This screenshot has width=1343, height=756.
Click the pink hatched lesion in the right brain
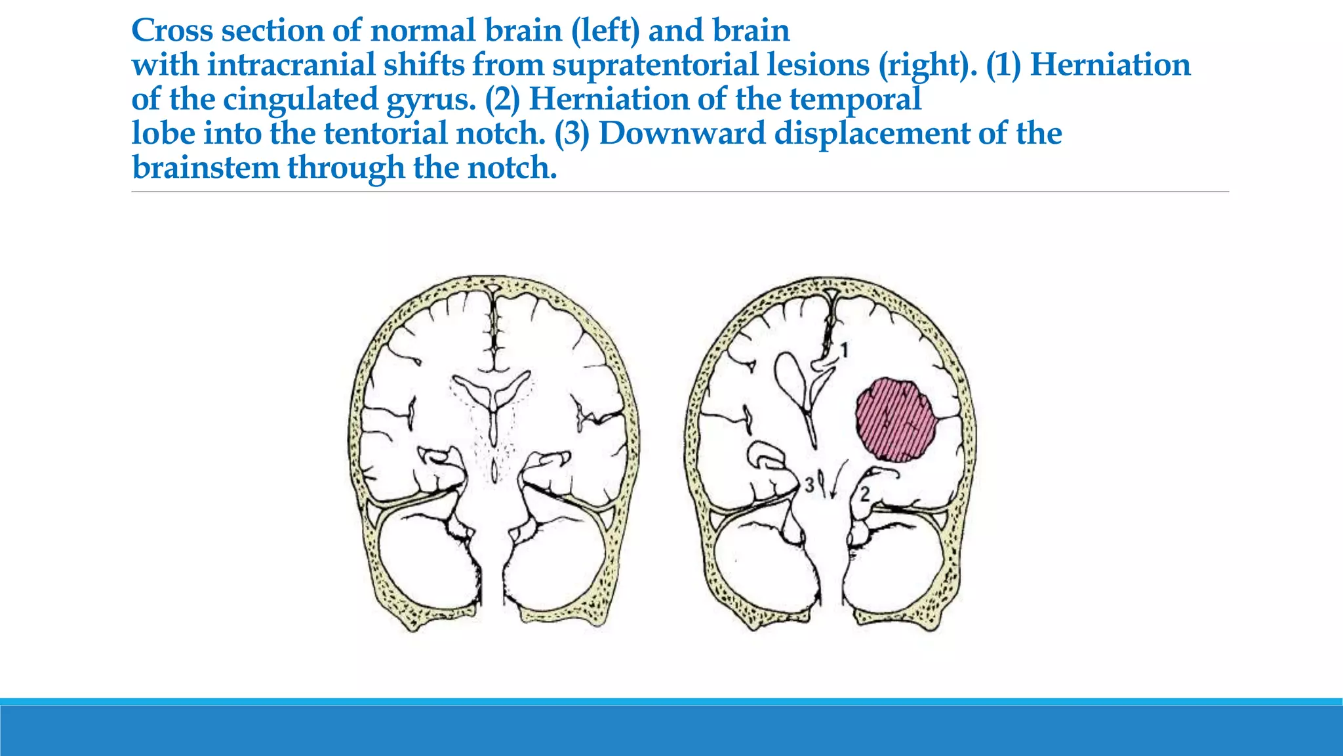tap(896, 420)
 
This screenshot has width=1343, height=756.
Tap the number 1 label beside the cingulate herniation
tap(845, 350)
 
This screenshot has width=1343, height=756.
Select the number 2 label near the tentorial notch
tap(865, 493)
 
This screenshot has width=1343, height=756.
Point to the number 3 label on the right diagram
tap(809, 485)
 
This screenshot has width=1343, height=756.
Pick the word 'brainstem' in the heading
tap(205, 167)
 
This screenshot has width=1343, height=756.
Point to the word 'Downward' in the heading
tap(682, 133)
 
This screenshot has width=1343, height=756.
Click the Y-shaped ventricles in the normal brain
tap(492, 394)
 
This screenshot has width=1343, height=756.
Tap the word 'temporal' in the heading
tap(856, 100)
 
